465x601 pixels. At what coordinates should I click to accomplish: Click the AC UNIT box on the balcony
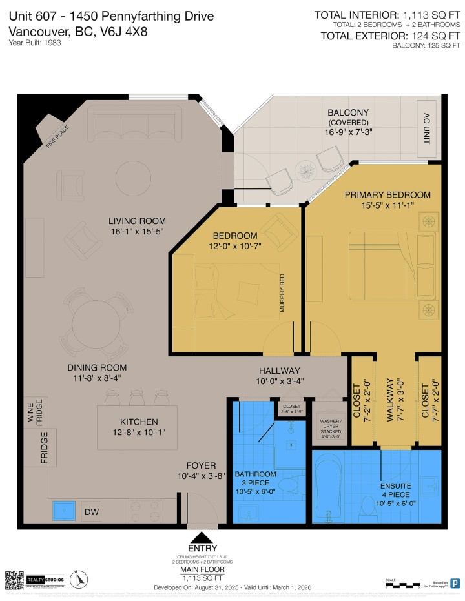tap(426, 128)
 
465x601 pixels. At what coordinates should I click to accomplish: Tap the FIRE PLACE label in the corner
tap(57, 136)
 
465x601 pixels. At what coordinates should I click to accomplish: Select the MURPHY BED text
tap(282, 294)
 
